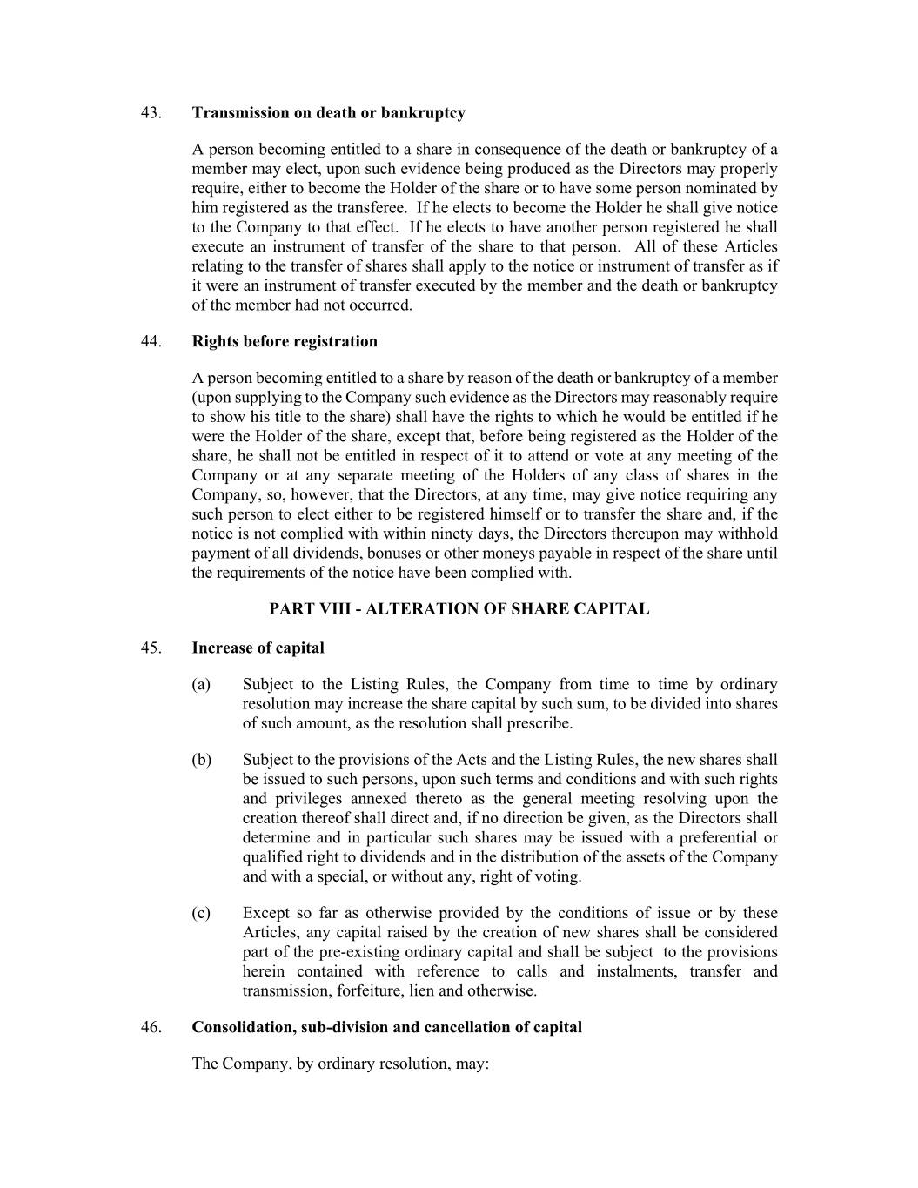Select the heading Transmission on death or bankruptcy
(328, 113)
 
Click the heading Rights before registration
(285, 341)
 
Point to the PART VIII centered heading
(459, 609)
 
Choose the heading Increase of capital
(258, 648)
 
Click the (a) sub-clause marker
(201, 685)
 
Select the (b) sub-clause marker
(201, 760)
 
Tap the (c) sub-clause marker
(201, 913)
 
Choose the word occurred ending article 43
(379, 305)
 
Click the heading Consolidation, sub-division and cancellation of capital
(386, 1027)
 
